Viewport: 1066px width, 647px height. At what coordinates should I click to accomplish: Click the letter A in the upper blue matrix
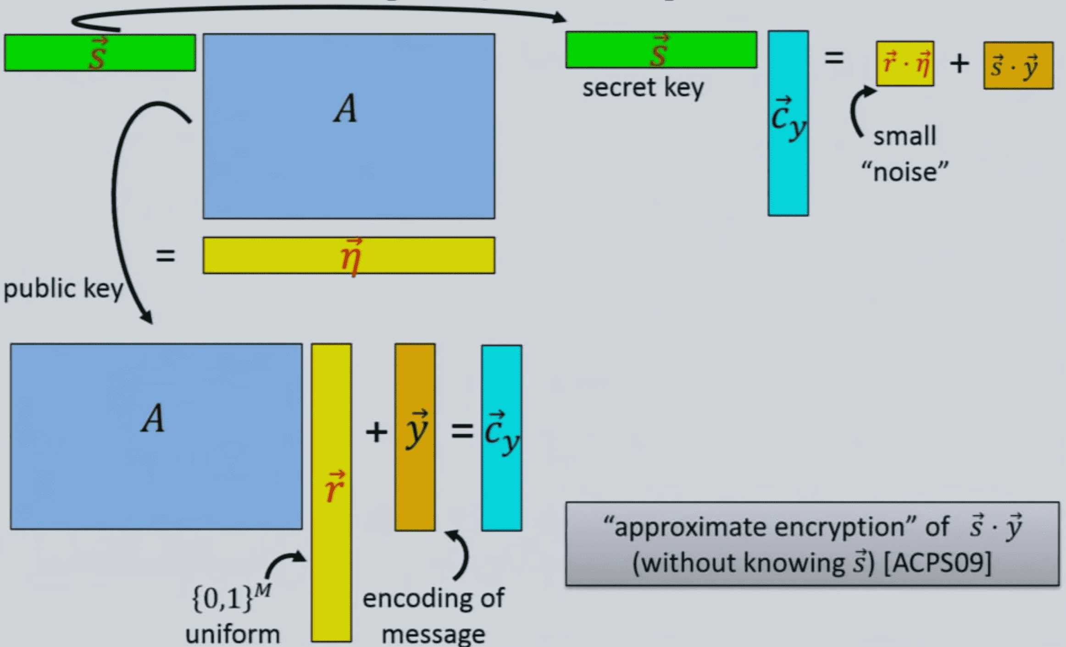click(345, 108)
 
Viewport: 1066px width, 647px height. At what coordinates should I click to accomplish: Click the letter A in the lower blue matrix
click(153, 418)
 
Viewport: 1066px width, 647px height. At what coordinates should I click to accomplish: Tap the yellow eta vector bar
click(349, 255)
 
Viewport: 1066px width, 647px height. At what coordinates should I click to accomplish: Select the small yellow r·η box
click(905, 63)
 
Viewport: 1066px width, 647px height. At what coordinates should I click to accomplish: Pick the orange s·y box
click(1018, 65)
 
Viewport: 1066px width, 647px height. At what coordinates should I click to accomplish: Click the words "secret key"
click(643, 87)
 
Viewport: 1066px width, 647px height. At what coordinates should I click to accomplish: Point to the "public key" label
click(63, 289)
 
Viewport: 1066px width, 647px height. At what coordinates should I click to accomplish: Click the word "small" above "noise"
click(905, 136)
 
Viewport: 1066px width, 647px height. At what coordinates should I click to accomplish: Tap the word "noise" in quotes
click(905, 172)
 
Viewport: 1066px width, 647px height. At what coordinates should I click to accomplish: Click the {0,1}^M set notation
click(232, 597)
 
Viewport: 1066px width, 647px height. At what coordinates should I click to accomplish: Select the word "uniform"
click(233, 635)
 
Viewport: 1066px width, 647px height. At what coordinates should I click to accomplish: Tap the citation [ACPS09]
click(938, 563)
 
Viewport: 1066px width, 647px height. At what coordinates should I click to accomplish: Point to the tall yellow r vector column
click(332, 492)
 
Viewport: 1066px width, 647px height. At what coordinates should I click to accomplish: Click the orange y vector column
click(415, 437)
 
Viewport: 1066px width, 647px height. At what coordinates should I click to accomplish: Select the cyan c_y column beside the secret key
click(788, 123)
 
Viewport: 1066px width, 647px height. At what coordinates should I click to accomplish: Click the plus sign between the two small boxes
click(959, 63)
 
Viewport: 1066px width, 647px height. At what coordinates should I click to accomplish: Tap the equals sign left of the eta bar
click(166, 256)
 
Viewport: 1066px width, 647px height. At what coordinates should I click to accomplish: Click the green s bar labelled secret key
click(661, 50)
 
